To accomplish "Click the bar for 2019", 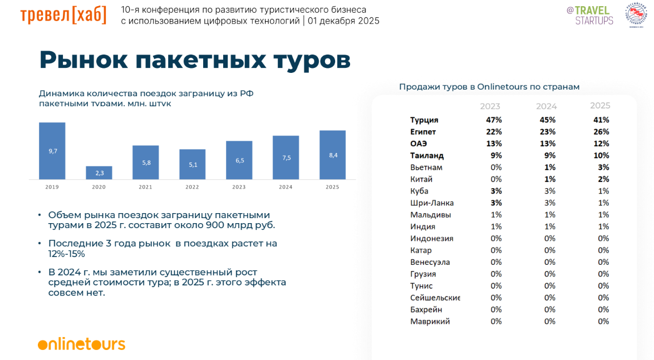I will coord(52,151).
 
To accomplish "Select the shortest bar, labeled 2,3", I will coord(99,173).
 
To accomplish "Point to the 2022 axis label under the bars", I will coord(192,187).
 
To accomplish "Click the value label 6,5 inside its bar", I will coord(239,160).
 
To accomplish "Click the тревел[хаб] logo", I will coord(63,15).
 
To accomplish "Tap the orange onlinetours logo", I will coord(81,344).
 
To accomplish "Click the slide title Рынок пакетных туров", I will coord(195,60).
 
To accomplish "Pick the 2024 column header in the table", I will coord(546,106).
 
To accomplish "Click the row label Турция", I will coord(424,120).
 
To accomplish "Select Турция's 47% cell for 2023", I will coord(494,120).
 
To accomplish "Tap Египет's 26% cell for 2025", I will coord(601,132).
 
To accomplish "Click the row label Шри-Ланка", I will coord(432,203).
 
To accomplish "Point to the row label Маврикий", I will coord(430,322).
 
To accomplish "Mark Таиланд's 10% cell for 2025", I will coord(601,156).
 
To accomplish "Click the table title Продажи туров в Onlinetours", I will coord(489,87).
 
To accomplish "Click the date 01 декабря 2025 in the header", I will coord(343,21).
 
